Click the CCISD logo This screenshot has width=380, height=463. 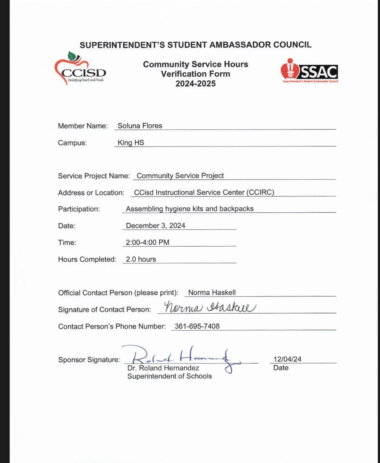click(80, 69)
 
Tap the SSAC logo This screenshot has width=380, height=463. click(309, 71)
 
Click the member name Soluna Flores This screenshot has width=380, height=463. click(140, 126)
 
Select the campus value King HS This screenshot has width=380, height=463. click(131, 143)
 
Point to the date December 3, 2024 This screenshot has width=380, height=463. click(155, 226)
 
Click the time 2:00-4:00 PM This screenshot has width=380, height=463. click(147, 242)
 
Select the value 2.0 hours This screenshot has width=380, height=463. click(141, 259)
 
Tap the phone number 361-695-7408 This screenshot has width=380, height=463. click(197, 326)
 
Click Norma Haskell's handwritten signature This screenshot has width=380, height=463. click(210, 307)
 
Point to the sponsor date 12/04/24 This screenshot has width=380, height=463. click(287, 359)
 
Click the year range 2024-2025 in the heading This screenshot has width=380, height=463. click(195, 84)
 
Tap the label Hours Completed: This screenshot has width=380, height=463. click(87, 259)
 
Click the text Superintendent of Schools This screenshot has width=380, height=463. click(169, 376)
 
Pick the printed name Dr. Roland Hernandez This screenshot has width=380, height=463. click(163, 368)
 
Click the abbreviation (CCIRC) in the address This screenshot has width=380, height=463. click(260, 192)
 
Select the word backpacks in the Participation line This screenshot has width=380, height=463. click(236, 209)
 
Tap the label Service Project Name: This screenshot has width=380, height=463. click(94, 176)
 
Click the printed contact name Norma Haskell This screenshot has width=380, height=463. click(212, 293)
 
